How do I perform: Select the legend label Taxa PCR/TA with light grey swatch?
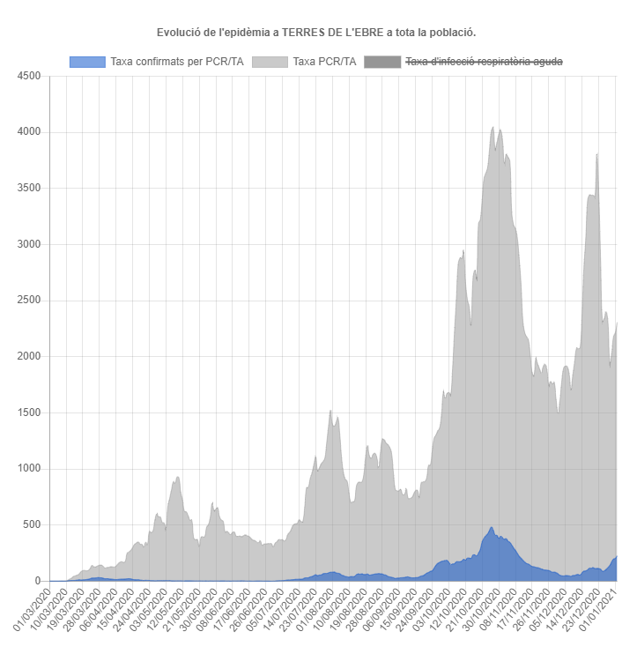324,62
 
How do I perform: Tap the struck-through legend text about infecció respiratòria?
483,62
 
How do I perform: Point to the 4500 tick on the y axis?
29,76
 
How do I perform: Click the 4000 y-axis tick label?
29,132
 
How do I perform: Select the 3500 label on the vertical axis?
29,189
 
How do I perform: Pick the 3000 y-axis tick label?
29,244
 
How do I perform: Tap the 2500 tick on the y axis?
29,301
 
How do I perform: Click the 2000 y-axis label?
29,357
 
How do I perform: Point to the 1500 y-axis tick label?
29,412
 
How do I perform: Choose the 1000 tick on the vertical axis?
29,469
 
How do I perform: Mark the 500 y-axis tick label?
32,525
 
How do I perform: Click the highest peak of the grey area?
493,128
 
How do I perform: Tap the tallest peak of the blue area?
491,528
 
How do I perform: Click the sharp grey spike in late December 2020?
597,155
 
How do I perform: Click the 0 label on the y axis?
38,581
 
